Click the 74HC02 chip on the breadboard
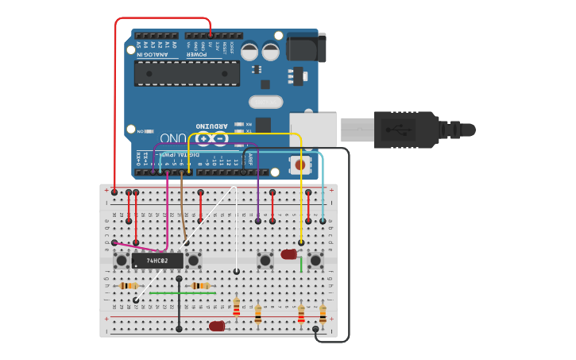(x=157, y=260)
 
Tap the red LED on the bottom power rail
(x=217, y=326)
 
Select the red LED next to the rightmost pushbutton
(x=288, y=254)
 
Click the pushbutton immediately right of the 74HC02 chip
(x=193, y=260)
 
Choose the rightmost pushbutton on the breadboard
(x=316, y=260)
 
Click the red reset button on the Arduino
(x=301, y=165)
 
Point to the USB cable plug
(x=405, y=130)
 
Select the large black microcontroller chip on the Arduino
(x=187, y=73)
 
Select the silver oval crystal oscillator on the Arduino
(x=265, y=102)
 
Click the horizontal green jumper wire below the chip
(x=183, y=292)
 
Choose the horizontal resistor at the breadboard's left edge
(x=129, y=285)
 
